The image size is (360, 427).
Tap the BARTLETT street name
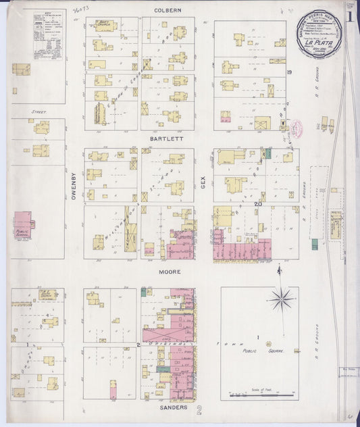point(166,138)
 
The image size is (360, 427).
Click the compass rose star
point(280,297)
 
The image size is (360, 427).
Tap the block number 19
point(288,72)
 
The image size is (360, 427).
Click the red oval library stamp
point(294,128)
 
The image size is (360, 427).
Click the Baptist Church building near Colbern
point(105,26)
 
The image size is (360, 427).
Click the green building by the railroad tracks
point(268,153)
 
